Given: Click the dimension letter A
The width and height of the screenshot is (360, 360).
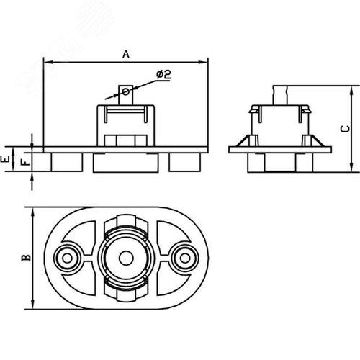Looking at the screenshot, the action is (126, 54).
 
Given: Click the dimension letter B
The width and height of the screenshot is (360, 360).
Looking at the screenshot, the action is (26, 258).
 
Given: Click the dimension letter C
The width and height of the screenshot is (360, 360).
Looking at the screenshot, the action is (345, 129).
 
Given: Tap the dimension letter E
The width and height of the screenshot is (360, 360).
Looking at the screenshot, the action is (5, 159).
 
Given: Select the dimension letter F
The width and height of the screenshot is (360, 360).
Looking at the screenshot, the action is (25, 163).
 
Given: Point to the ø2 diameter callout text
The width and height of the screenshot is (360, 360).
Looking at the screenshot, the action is (163, 74).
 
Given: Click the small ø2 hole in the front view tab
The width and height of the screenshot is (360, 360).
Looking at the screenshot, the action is (125, 91).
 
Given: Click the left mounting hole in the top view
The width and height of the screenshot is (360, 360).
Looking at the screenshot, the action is (67, 258).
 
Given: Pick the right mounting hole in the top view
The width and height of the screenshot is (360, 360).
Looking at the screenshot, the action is (185, 258).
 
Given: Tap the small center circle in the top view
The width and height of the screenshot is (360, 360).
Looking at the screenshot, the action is (126, 258).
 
